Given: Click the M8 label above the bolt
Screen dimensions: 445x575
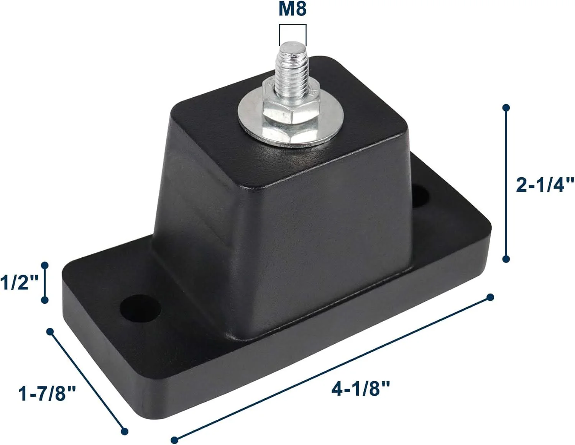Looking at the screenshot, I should [292, 9].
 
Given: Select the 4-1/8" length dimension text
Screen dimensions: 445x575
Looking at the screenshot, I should [361, 389].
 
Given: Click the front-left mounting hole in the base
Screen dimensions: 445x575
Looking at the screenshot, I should [140, 308].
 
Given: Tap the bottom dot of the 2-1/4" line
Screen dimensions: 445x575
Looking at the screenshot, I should [506, 259].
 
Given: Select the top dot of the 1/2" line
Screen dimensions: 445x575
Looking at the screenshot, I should [44, 265].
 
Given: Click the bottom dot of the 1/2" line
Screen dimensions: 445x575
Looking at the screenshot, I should [45, 301].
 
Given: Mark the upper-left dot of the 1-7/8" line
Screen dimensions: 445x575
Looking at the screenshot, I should [50, 331].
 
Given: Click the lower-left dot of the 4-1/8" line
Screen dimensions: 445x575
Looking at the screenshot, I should [174, 440].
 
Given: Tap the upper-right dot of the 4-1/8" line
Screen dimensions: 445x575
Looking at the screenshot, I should [490, 297].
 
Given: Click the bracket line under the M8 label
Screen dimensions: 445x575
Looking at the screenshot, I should [293, 25].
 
